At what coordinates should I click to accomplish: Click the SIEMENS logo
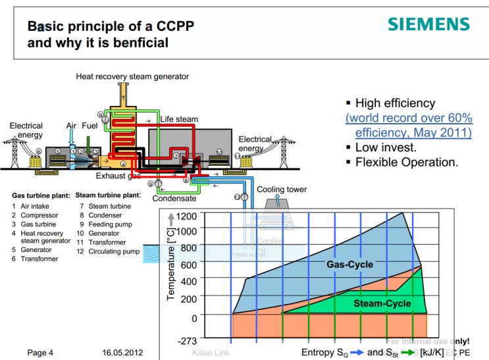pyautogui.click(x=428, y=25)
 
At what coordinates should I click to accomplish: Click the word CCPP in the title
pyautogui.click(x=174, y=27)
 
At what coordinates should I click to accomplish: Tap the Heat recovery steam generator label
pyautogui.click(x=132, y=76)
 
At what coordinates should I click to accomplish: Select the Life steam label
pyautogui.click(x=179, y=119)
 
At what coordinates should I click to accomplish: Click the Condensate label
pyautogui.click(x=174, y=198)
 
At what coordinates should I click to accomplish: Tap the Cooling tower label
pyautogui.click(x=282, y=190)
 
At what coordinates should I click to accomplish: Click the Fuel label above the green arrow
pyautogui.click(x=91, y=125)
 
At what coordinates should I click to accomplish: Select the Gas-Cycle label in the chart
pyautogui.click(x=349, y=265)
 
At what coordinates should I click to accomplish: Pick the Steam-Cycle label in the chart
pyautogui.click(x=382, y=303)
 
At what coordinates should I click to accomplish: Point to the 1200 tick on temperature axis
pyautogui.click(x=187, y=217)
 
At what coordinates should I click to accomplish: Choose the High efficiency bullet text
pyautogui.click(x=395, y=103)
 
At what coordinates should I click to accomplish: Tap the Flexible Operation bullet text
pyautogui.click(x=407, y=162)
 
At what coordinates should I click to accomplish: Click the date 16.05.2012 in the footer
pyautogui.click(x=122, y=353)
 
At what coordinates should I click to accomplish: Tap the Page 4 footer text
pyautogui.click(x=40, y=353)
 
